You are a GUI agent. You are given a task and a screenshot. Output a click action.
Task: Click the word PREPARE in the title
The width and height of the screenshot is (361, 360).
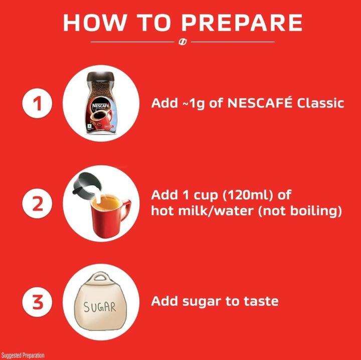click(242, 23)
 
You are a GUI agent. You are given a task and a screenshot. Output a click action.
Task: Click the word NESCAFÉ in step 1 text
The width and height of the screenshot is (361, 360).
click(260, 104)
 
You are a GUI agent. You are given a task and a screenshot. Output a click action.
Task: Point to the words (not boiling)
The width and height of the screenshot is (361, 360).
click(300, 211)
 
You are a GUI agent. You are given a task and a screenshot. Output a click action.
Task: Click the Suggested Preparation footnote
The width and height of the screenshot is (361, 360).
click(23, 355)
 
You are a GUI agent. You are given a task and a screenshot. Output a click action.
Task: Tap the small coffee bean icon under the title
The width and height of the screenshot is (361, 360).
click(183, 42)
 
